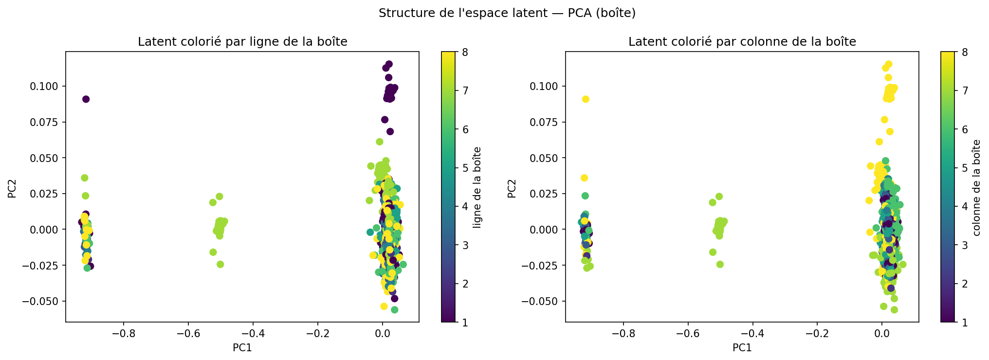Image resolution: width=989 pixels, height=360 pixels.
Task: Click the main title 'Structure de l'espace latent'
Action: tap(507, 13)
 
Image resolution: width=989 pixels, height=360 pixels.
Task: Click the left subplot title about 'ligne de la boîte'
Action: tap(242, 42)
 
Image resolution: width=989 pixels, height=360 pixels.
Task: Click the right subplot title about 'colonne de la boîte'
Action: tap(742, 42)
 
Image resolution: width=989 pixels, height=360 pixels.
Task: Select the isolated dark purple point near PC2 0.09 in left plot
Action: tap(86, 99)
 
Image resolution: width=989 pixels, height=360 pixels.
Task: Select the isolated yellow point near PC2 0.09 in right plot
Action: tap(586, 99)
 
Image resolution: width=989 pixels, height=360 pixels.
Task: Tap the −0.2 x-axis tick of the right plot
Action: tap(817, 334)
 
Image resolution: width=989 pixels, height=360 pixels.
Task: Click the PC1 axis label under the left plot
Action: tap(242, 348)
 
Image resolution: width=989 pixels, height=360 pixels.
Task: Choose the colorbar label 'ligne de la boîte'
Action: tap(477, 187)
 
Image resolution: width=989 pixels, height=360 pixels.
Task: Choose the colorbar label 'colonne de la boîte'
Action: tap(977, 187)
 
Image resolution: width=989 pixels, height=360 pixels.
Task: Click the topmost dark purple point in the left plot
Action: tap(389, 64)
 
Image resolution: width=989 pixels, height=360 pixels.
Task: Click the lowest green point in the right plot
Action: tap(894, 310)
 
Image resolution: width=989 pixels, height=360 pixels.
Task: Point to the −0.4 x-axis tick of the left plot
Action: tap(253, 334)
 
